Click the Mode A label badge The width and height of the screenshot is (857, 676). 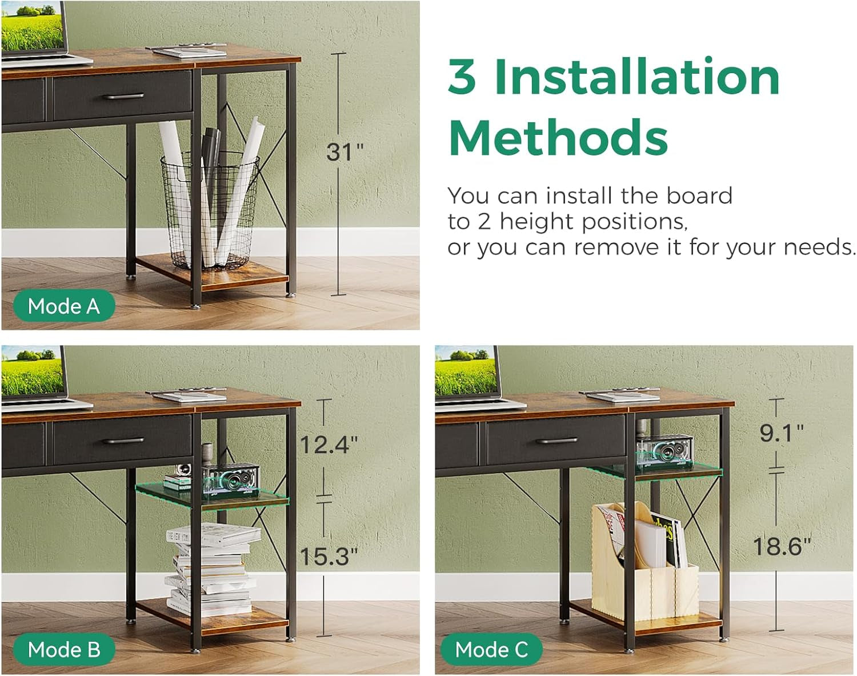[x=64, y=306]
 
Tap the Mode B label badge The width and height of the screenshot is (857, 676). [x=64, y=649]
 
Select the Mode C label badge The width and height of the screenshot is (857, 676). [x=491, y=649]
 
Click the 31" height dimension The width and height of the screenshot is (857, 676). [x=345, y=152]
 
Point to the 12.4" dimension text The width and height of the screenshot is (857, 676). [x=329, y=445]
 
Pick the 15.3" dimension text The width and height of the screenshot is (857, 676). [x=329, y=556]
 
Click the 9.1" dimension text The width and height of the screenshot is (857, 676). [x=782, y=433]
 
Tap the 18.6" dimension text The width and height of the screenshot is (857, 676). [x=782, y=546]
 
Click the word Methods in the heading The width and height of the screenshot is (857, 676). [x=558, y=138]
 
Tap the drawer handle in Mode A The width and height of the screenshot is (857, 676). [x=123, y=96]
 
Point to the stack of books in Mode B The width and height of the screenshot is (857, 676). [x=213, y=570]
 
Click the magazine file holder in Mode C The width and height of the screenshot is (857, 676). [x=645, y=562]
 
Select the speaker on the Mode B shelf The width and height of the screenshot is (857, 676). [x=231, y=479]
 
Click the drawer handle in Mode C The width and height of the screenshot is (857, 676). [x=556, y=441]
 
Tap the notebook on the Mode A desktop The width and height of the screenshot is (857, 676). [x=189, y=51]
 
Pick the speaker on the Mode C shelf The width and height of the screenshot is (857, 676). [x=664, y=450]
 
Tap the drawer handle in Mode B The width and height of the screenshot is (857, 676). [x=123, y=441]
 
